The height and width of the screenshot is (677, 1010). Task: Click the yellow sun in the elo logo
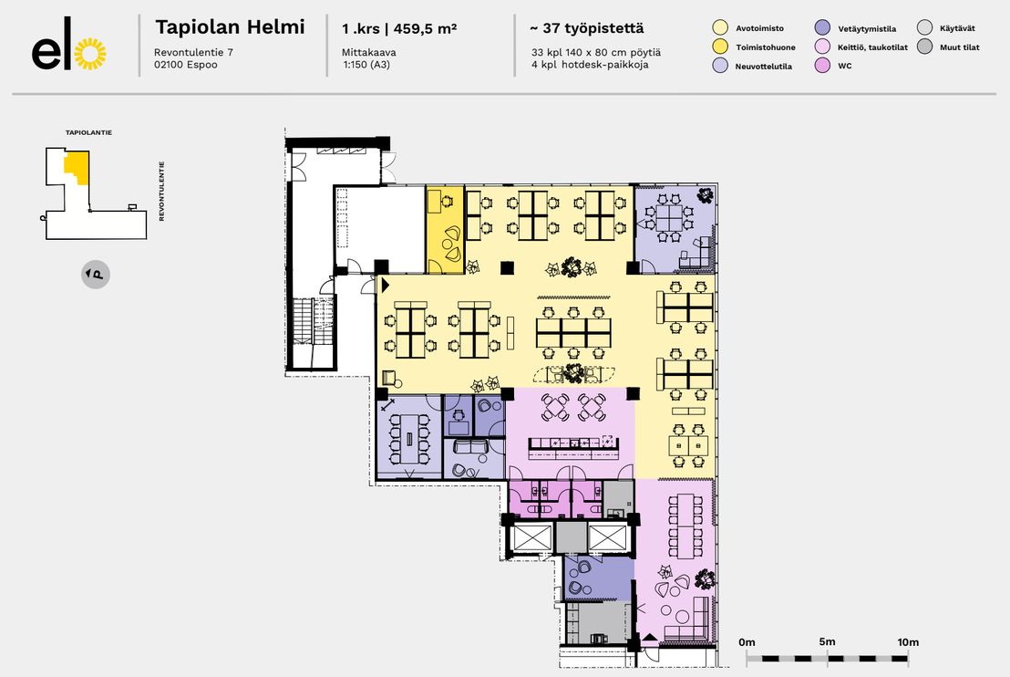tap(90, 54)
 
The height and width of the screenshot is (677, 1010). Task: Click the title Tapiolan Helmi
tap(230, 27)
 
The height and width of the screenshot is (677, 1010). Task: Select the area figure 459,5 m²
tap(425, 28)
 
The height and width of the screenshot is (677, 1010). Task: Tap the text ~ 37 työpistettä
tap(587, 28)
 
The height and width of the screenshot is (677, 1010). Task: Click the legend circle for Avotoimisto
tap(720, 27)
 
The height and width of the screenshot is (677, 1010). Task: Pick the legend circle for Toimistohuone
tap(720, 47)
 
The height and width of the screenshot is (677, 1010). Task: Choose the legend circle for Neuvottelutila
tap(720, 65)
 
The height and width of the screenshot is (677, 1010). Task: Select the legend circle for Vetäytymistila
tap(822, 27)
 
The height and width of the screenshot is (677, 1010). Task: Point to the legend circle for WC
tap(822, 65)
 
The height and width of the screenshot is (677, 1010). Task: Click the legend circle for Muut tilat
tap(924, 47)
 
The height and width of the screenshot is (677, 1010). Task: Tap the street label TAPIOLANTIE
tap(89, 133)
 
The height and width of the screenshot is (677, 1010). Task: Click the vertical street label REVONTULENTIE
tap(161, 191)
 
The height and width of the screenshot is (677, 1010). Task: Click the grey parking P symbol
tap(96, 275)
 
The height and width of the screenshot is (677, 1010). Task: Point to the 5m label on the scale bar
tap(827, 641)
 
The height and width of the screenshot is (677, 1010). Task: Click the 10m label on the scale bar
tap(908, 642)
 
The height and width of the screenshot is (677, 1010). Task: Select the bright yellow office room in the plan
tap(445, 230)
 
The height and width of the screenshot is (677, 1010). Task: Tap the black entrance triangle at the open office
tap(386, 285)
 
